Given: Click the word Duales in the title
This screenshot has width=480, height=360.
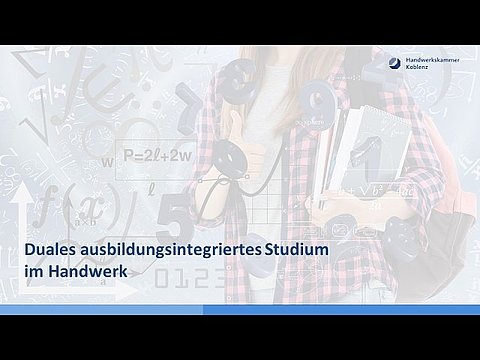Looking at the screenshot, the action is tap(51, 250).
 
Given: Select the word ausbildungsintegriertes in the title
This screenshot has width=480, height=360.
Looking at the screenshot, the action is tap(171, 251).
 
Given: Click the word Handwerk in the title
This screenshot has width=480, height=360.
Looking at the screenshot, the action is tap(88, 271).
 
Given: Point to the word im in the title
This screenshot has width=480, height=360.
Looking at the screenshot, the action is tap(34, 271).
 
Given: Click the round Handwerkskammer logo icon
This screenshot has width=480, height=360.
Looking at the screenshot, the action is tap(395, 63).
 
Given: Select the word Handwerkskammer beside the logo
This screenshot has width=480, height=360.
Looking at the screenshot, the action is tap(432, 60).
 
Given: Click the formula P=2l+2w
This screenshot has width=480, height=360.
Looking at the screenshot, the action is tap(157, 156).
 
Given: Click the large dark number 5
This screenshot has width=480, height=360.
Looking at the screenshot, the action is tap(174, 214).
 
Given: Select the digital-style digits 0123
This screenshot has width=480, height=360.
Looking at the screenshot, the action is tap(190, 279).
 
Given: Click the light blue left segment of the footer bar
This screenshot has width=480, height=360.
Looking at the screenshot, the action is tap(101, 310).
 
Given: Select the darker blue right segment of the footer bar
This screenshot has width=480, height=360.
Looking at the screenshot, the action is tap(341, 310).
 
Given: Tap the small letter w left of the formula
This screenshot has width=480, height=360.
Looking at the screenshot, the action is tap(107, 162).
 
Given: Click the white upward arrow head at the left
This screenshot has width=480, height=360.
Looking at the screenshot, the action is tap(21, 192).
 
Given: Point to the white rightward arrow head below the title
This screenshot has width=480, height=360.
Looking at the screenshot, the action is tap(126, 290).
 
